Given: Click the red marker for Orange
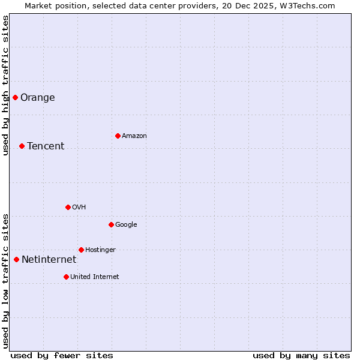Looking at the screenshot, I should tap(15, 97).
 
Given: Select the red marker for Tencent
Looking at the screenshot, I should tap(22, 146).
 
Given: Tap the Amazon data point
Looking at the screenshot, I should tap(118, 136).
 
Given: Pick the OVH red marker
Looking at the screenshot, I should tap(68, 207).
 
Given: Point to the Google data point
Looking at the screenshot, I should tap(111, 224).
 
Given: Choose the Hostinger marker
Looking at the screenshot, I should tap(81, 250).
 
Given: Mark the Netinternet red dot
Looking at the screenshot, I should tap(16, 259).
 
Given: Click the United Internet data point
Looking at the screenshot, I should tap(66, 277).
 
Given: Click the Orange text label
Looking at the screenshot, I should tap(37, 98).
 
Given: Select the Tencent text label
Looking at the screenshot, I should tap(46, 146).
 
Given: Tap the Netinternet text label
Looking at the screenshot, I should tap(49, 260).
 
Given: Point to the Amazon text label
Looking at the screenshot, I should tap(134, 136).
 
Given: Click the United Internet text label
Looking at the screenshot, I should tap(95, 277).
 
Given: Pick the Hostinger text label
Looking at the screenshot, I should tap(100, 250).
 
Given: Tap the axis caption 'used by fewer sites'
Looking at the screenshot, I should tap(62, 355).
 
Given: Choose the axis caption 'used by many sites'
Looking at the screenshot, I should tap(301, 355).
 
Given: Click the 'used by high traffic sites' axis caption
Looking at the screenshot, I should tap(5, 85).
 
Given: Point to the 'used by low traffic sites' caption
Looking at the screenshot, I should tap(5, 281).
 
